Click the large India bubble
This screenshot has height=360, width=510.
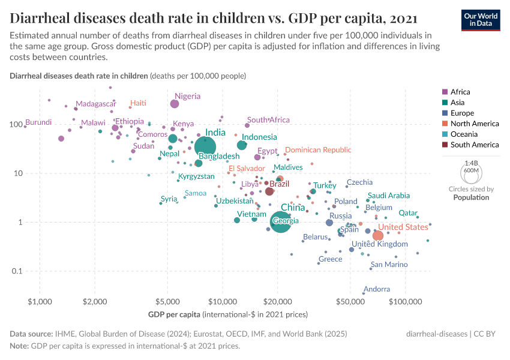pyautogui.click(x=205, y=147)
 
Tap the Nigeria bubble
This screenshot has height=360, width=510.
pyautogui.click(x=175, y=104)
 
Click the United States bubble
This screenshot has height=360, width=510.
pyautogui.click(x=378, y=236)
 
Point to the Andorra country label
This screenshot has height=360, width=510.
pyautogui.click(x=377, y=289)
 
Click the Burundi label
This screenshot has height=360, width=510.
pyautogui.click(x=38, y=122)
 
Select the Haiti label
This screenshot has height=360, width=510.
pyautogui.click(x=138, y=103)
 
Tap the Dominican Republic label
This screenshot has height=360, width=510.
pyautogui.click(x=318, y=150)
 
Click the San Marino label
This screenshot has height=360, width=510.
pyautogui.click(x=389, y=265)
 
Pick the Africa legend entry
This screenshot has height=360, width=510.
pyautogui.click(x=460, y=92)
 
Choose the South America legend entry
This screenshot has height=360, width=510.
pyautogui.click(x=474, y=145)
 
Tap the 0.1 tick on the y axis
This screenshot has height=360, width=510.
pyautogui.click(x=28, y=271)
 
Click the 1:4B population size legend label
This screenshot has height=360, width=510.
pyautogui.click(x=472, y=163)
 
